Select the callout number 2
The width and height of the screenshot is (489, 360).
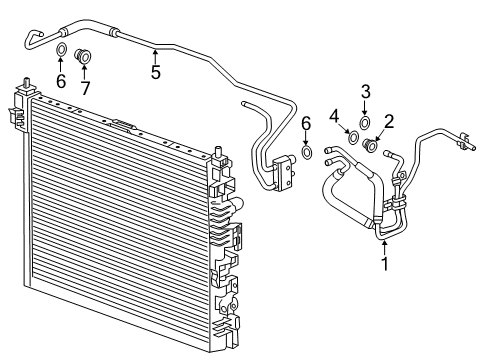389,122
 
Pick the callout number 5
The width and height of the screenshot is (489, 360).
155,71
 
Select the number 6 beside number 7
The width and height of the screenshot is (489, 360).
60,80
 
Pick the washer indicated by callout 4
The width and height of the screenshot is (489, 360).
353,136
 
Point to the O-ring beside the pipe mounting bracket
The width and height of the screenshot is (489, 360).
307,153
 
